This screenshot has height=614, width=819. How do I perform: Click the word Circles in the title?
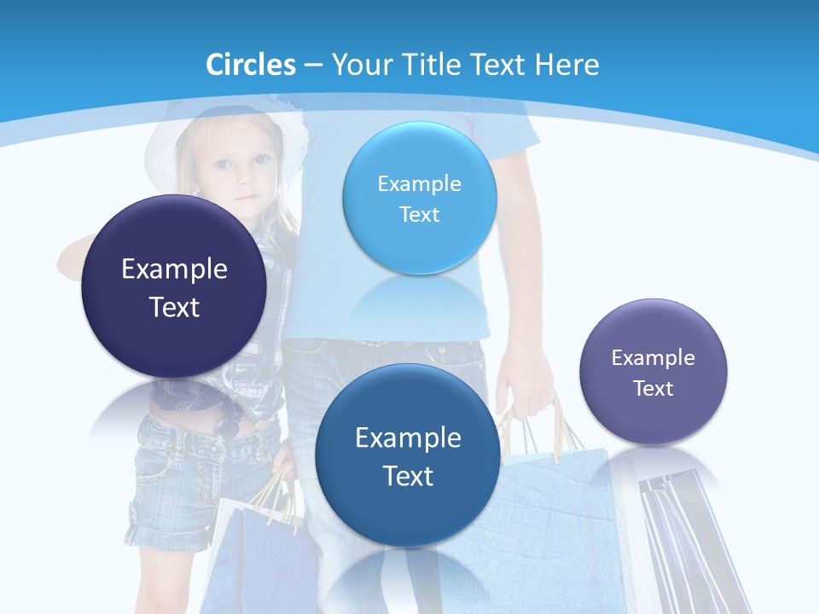click(x=251, y=65)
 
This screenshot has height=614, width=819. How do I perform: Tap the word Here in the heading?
click(x=566, y=65)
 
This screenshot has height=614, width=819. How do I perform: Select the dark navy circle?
click(x=174, y=287)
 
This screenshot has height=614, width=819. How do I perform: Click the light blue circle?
click(x=419, y=198)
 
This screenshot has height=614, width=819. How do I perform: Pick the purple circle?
click(x=653, y=372)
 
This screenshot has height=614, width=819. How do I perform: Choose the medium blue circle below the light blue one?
click(x=408, y=455)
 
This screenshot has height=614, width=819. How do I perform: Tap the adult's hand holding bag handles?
click(x=529, y=384)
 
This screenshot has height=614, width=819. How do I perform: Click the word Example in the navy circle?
click(x=174, y=269)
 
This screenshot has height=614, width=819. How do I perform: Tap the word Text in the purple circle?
click(x=653, y=389)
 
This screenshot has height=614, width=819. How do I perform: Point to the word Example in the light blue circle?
click(x=419, y=183)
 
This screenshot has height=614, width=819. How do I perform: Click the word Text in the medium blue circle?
click(x=408, y=476)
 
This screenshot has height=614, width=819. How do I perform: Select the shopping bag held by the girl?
click(x=256, y=554)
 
